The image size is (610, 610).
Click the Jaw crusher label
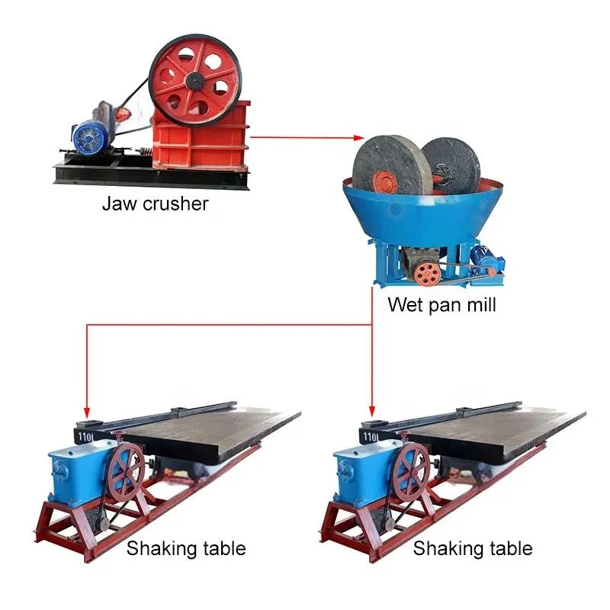click(155, 204)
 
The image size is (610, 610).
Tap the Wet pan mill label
click(441, 305)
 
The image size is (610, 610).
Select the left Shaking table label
click(186, 547)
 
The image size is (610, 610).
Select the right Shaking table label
click(473, 547)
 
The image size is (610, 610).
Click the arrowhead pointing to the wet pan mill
click(358, 137)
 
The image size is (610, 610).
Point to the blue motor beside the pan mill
click(485, 259)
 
